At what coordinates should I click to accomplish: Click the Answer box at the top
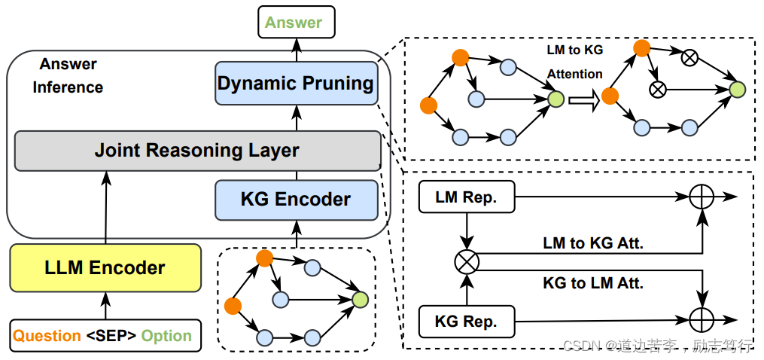(x=294, y=23)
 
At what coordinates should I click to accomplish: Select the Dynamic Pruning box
(x=295, y=83)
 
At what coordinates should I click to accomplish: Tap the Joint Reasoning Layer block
(x=197, y=150)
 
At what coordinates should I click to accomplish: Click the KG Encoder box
(x=295, y=200)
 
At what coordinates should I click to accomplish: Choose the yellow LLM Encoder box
(x=105, y=267)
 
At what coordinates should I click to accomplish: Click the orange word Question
(x=47, y=336)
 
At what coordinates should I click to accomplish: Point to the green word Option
(x=166, y=336)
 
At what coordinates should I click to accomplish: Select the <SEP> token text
(x=111, y=336)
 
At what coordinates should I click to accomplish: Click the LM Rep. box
(x=467, y=197)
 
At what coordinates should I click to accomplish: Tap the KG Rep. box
(x=467, y=322)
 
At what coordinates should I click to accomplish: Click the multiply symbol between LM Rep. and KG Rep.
(x=467, y=261)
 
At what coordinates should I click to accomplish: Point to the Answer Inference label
(x=68, y=76)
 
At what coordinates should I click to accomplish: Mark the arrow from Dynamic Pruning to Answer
(x=295, y=50)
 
